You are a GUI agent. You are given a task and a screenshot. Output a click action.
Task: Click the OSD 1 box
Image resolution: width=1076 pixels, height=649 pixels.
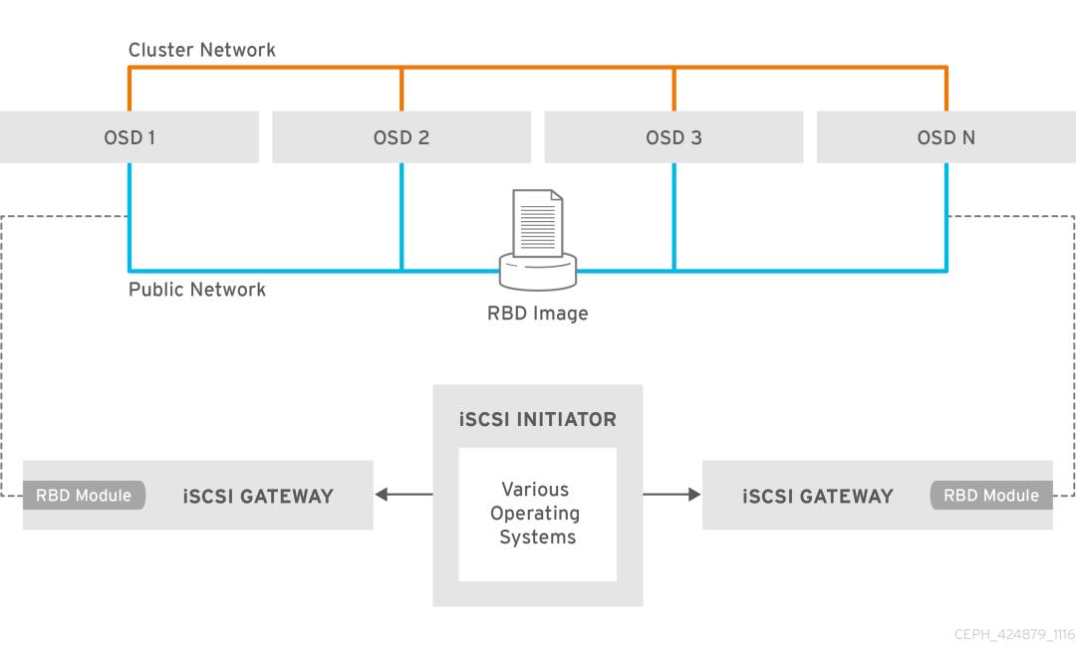[130, 137]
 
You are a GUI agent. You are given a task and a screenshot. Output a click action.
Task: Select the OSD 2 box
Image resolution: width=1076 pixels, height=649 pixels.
[402, 137]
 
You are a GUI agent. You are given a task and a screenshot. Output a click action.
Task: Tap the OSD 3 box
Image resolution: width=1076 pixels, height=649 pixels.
[673, 137]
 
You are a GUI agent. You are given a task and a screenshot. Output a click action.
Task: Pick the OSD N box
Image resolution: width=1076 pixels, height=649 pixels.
[945, 137]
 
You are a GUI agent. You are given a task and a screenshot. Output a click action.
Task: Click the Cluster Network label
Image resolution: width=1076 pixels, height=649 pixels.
[202, 50]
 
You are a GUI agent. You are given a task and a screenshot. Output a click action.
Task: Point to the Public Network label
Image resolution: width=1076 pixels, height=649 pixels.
[197, 290]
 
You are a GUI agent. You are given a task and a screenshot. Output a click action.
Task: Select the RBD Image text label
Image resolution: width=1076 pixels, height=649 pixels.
[537, 314]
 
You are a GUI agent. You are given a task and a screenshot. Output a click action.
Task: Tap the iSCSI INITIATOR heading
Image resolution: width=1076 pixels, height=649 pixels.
[537, 419]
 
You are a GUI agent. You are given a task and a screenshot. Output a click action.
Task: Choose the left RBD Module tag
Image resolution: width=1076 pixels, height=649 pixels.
[85, 496]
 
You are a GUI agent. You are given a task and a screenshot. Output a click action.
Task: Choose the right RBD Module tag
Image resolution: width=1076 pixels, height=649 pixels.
[990, 496]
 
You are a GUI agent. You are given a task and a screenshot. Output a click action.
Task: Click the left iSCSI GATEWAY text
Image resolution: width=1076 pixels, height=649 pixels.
[258, 497]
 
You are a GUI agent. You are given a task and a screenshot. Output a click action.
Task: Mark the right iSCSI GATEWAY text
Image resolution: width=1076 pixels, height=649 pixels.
[817, 497]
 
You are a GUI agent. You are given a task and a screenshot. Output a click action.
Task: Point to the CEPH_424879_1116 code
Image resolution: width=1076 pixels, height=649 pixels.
[1013, 635]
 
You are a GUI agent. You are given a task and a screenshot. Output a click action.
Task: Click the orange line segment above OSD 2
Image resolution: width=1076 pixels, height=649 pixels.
[402, 89]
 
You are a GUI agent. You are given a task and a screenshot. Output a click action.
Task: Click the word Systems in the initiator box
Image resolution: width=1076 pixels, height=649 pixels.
[537, 538]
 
